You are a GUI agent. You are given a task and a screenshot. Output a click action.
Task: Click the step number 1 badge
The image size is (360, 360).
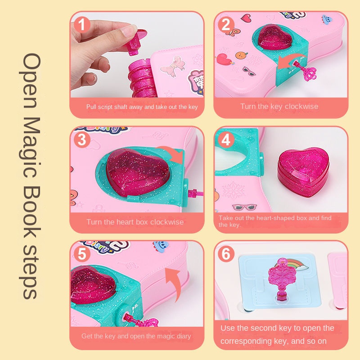[x=82, y=24]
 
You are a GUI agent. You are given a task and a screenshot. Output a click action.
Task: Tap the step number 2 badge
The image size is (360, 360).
[x=226, y=24]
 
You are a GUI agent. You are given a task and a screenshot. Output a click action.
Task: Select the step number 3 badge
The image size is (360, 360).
[x=82, y=139]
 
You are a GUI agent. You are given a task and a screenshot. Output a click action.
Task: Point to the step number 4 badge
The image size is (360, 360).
[x=226, y=139]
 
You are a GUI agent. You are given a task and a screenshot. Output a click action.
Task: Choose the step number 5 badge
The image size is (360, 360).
[x=82, y=254]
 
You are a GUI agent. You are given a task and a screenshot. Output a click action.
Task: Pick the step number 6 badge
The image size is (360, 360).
[x=226, y=254]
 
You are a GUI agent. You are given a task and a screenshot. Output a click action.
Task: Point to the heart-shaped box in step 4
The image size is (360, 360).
[x=303, y=172]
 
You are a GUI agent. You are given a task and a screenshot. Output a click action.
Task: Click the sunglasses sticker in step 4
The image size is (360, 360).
[x=244, y=207]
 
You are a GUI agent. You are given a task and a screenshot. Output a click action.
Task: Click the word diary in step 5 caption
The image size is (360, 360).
[x=184, y=336]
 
